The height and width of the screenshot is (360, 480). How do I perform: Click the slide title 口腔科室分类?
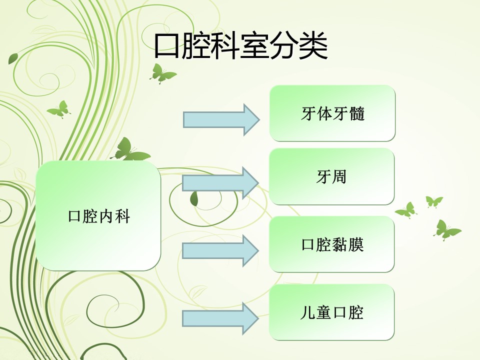[x=241, y=46]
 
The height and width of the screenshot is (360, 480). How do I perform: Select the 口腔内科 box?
[x=98, y=216]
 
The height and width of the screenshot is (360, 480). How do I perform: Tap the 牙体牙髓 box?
[x=332, y=113]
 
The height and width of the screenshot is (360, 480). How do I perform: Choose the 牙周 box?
[x=331, y=176]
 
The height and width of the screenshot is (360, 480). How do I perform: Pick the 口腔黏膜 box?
[x=331, y=244]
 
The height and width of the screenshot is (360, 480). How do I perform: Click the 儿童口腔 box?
[x=331, y=312]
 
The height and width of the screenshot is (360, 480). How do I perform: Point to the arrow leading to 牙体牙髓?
[x=221, y=119]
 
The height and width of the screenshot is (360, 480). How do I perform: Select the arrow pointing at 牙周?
[x=220, y=183]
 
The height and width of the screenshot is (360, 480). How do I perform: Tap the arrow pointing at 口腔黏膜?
[x=220, y=250]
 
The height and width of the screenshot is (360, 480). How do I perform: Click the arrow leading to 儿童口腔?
[x=220, y=318]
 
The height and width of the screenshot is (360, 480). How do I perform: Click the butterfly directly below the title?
[x=162, y=74]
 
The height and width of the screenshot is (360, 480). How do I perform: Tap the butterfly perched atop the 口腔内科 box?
[x=129, y=150]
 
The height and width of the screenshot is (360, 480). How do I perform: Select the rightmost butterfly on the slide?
[x=446, y=230]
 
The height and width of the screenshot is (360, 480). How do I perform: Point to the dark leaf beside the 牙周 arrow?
[x=194, y=199]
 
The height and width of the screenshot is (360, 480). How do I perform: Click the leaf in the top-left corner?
[x=13, y=58]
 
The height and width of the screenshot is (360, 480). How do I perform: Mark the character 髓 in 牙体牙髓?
[x=356, y=113]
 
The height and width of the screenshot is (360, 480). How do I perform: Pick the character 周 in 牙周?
[x=339, y=177]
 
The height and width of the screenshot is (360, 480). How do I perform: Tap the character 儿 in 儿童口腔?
[x=307, y=312]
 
